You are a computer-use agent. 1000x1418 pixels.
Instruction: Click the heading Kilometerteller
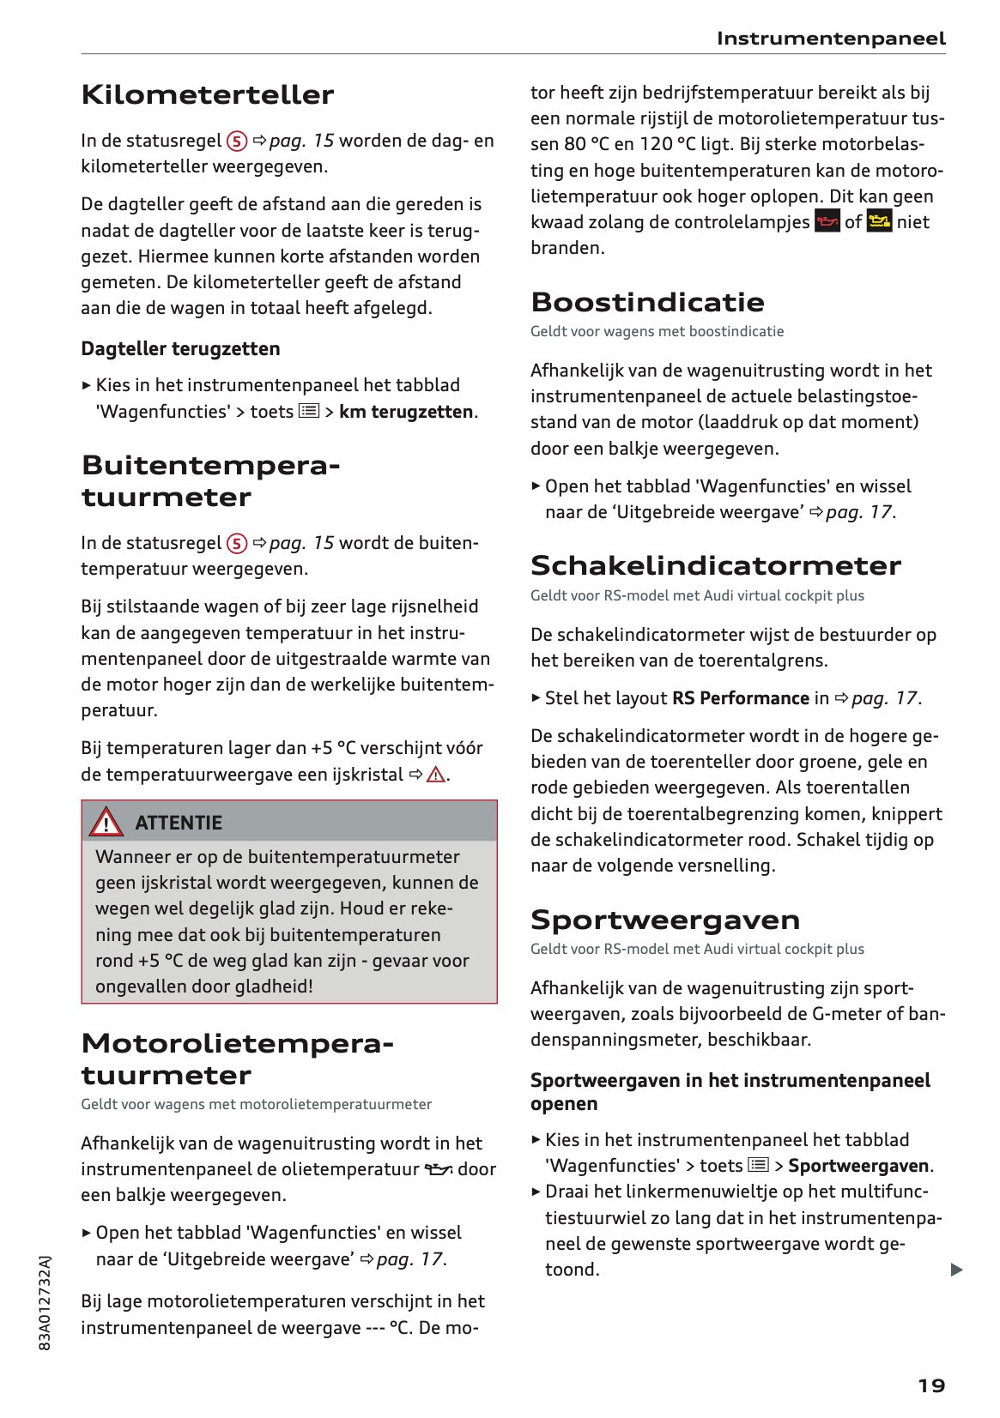[207, 94]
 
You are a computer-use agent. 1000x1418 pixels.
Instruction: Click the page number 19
[931, 1386]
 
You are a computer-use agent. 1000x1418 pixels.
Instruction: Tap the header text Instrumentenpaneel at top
[830, 39]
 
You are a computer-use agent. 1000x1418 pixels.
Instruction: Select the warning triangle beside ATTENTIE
[106, 822]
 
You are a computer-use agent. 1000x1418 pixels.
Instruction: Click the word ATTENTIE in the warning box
[179, 823]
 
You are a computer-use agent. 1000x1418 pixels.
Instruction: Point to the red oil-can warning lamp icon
[827, 222]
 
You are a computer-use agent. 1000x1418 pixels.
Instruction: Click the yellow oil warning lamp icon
[879, 222]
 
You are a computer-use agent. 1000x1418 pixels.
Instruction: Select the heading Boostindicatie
[647, 302]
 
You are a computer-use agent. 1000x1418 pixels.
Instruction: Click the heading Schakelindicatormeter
[715, 565]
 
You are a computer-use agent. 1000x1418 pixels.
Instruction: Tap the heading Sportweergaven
[664, 920]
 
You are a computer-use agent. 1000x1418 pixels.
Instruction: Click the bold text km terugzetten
[405, 412]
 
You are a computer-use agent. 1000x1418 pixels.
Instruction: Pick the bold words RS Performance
[740, 698]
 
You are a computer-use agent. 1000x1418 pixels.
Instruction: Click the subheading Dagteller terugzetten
[180, 348]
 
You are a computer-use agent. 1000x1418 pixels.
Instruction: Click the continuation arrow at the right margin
[956, 1270]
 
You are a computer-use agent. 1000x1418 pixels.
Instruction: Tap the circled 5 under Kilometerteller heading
[237, 141]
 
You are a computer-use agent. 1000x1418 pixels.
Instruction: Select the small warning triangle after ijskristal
[436, 775]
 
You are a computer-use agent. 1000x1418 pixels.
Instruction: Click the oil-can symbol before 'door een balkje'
[438, 1169]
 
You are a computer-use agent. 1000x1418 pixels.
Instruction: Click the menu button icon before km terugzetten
[309, 412]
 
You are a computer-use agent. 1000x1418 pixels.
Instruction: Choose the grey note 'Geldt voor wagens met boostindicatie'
[657, 331]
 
